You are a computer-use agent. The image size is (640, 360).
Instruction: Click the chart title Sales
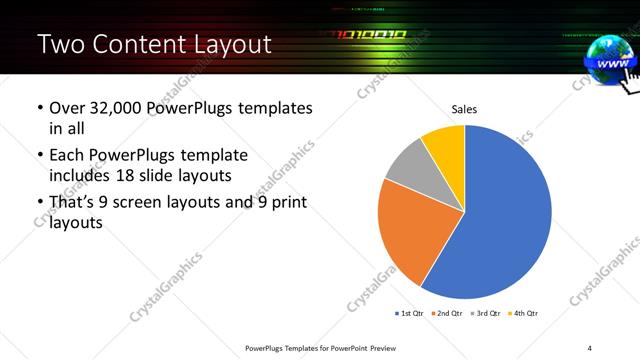click(464, 109)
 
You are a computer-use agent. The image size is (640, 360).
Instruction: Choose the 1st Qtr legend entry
click(409, 313)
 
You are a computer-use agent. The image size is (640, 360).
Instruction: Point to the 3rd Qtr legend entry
click(488, 313)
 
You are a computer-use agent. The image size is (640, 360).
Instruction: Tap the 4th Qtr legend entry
click(526, 313)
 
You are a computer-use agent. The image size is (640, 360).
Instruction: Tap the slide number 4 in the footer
click(590, 347)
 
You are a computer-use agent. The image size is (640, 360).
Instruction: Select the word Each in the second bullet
click(68, 155)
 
